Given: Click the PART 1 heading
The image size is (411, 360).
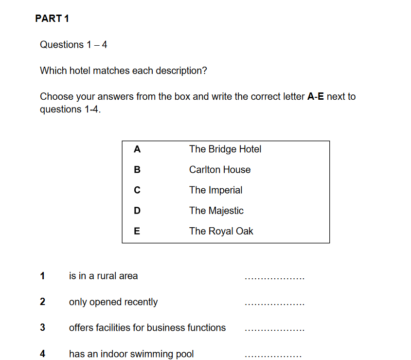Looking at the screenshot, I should pos(52,19).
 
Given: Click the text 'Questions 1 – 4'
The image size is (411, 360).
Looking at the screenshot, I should pos(73,45).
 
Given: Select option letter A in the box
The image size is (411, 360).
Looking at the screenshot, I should pos(137,149).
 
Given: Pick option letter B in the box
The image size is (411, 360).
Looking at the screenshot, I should pos(137,170).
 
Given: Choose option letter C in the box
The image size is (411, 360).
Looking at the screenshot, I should pos(137,190).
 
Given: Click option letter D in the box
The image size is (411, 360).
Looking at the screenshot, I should pos(137,211).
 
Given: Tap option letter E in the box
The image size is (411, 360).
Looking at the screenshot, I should pos(137,231).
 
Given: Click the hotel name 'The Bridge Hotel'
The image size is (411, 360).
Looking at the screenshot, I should pos(225,149).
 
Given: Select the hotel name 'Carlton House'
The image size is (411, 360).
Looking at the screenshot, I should pos(220,170).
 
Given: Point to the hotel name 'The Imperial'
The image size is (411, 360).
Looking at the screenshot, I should pos(215,190).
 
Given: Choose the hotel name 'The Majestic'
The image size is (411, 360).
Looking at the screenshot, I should pos(216,211).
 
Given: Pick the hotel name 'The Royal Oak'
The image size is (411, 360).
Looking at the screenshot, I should pos(221,231).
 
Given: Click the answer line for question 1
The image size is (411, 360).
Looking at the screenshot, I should pos(275,278).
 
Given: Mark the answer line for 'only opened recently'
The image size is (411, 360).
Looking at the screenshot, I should pos(275,304).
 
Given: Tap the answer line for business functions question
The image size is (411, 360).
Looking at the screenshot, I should pos(275,330).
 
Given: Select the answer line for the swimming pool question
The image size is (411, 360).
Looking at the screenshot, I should pos(274,356).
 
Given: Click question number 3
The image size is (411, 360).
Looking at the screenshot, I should pos(42,328).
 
